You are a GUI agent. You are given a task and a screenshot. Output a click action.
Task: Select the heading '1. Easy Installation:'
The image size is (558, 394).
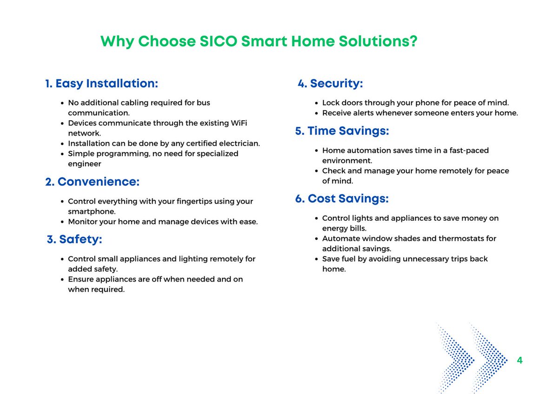[x=101, y=84]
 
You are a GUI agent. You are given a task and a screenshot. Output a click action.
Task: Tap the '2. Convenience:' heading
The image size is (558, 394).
[x=92, y=182]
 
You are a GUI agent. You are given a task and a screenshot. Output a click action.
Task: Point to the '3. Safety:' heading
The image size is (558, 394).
[x=74, y=239]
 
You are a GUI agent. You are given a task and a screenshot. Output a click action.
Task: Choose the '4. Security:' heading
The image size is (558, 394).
[x=330, y=84]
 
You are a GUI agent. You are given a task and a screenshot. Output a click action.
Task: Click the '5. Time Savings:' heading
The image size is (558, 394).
[x=342, y=131]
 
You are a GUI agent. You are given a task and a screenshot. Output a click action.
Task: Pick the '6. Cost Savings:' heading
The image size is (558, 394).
[x=342, y=199]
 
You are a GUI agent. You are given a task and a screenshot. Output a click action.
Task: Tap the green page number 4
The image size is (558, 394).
[x=519, y=361]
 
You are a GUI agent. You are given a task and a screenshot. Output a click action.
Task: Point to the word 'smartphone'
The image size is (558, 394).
[x=91, y=211]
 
